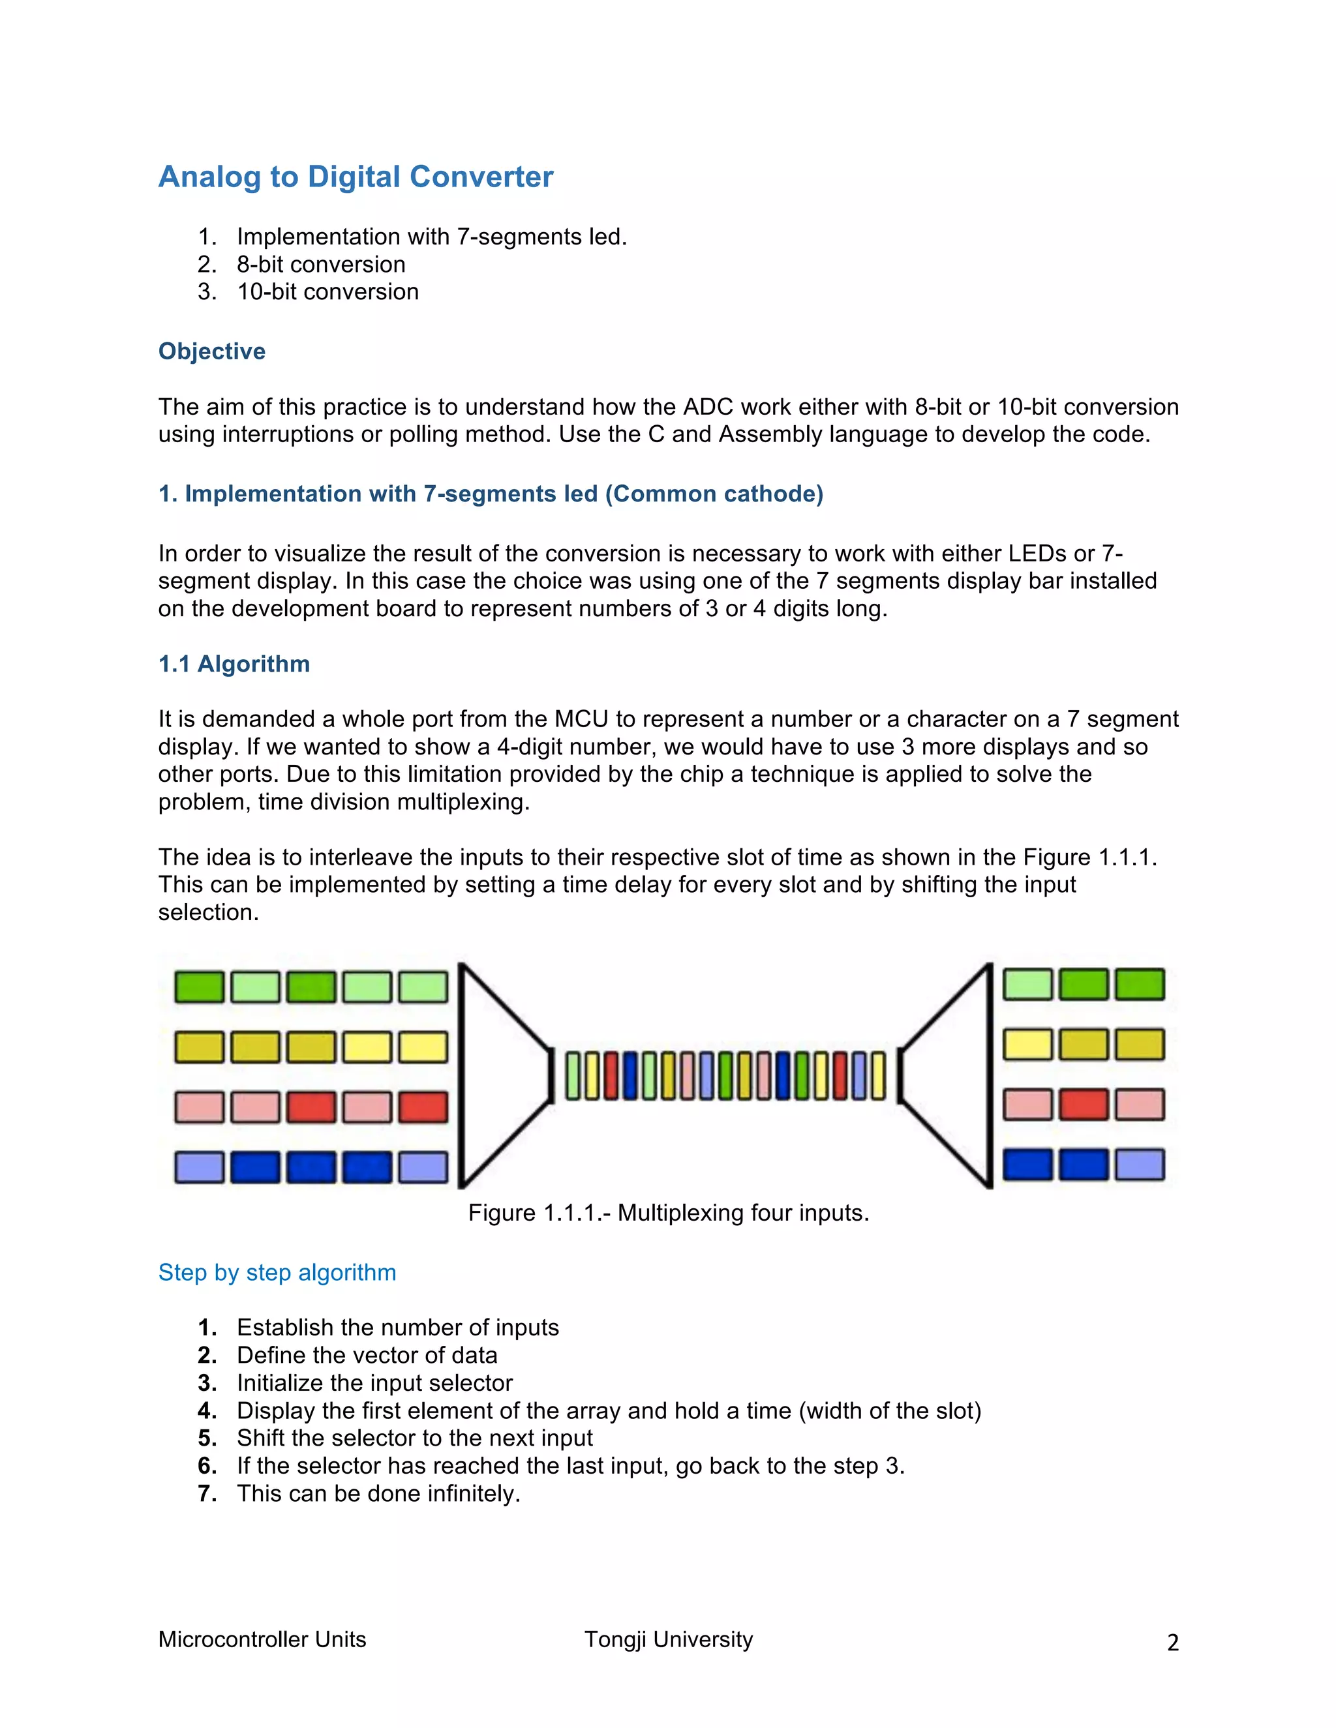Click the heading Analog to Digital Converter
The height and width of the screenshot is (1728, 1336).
pos(356,177)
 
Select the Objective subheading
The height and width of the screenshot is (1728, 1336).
pos(211,351)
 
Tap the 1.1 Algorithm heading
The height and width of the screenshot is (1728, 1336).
pos(234,664)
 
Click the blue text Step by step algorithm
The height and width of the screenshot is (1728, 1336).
pos(277,1272)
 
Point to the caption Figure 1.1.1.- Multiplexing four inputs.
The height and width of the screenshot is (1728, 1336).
pos(668,1213)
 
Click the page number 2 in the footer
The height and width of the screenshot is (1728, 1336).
pos(1172,1643)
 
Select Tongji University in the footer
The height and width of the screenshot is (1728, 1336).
pos(668,1639)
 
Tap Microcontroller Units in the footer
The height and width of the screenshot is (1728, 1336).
pos(262,1639)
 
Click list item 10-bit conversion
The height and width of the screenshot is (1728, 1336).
pos(327,292)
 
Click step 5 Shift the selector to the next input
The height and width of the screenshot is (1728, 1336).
pos(414,1438)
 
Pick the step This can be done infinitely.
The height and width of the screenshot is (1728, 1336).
pos(378,1493)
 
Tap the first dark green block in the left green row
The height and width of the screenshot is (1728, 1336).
pos(200,987)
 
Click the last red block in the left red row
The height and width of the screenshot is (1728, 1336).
pos(423,1107)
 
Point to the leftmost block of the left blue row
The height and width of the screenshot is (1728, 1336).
pos(200,1167)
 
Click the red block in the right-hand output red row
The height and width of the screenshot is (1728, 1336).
pos(1084,1105)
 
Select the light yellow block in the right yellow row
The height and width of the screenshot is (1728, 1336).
pos(1027,1045)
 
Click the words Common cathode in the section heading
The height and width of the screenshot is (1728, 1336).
pos(713,494)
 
